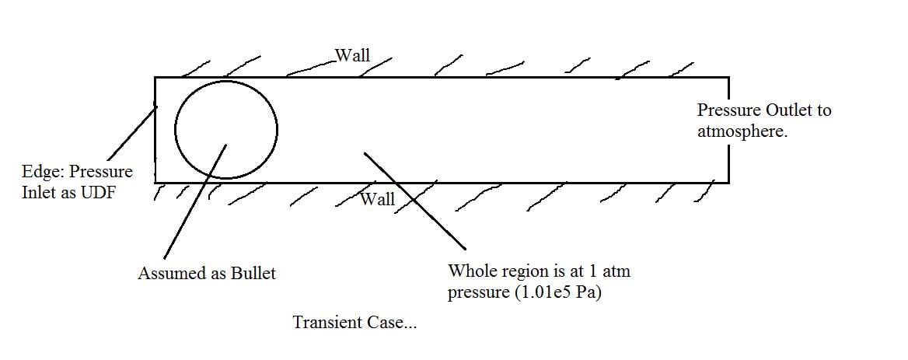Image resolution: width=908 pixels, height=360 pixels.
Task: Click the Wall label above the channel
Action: coord(352,55)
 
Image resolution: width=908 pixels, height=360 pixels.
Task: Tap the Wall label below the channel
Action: coord(378,199)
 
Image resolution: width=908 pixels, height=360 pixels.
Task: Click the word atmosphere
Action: coord(742,131)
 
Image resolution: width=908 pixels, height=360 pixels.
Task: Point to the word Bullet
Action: coord(253,274)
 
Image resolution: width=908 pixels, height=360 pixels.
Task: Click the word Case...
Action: coord(389,322)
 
